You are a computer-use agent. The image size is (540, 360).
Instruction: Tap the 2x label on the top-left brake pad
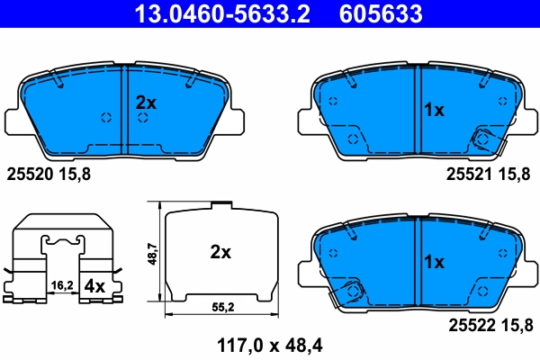click(x=146, y=103)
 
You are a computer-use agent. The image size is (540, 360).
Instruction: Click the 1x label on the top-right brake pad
click(x=434, y=110)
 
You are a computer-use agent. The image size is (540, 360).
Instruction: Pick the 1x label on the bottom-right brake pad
click(x=434, y=262)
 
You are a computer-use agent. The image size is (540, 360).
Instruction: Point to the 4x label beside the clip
click(x=94, y=287)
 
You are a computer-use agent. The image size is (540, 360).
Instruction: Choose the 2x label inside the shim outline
click(x=220, y=253)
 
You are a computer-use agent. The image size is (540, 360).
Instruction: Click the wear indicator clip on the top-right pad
click(x=482, y=139)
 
